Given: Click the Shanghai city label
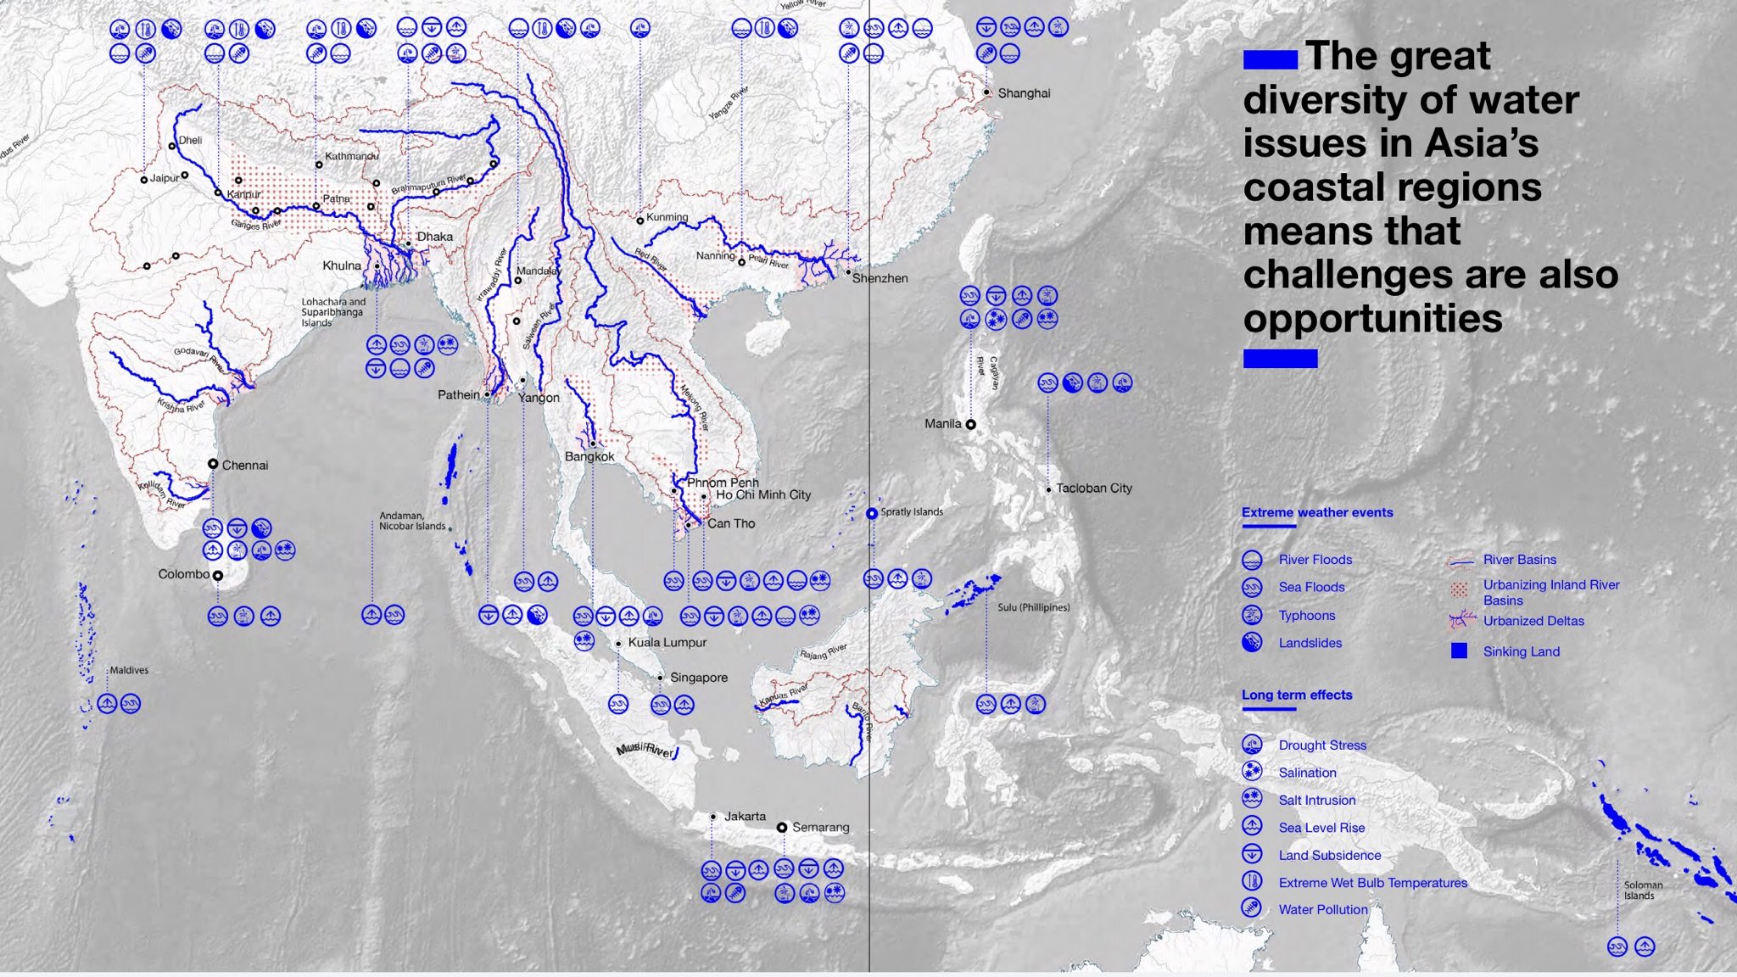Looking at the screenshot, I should click(1024, 93).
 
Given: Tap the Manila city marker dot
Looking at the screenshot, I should click(971, 424).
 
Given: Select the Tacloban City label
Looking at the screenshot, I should click(1093, 488).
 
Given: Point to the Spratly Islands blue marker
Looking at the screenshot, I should click(872, 514).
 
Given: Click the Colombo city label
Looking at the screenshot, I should click(183, 574).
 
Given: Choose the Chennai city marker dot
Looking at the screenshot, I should click(213, 464).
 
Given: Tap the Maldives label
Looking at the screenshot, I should click(129, 670).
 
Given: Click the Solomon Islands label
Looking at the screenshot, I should click(1643, 890).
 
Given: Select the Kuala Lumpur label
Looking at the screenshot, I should click(667, 643).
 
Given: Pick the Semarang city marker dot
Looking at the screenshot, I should click(782, 827).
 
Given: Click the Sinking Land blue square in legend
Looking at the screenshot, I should click(1459, 651).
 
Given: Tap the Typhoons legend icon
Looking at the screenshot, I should click(1252, 615).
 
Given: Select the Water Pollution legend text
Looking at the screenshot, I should click(1322, 910).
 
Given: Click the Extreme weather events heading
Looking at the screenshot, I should click(1316, 512).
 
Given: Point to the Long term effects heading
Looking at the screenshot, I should click(1296, 695).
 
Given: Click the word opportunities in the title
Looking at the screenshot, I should click(1372, 319).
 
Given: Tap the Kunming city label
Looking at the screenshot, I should click(667, 217).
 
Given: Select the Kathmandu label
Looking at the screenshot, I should click(351, 156).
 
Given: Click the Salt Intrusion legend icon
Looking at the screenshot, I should click(1252, 799).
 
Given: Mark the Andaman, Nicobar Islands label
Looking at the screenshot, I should click(412, 521).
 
